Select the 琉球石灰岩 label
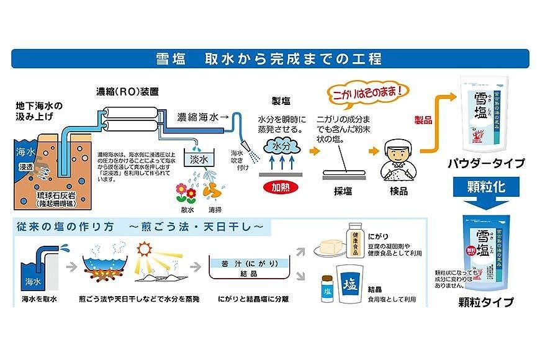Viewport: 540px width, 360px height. pos(56,196)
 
